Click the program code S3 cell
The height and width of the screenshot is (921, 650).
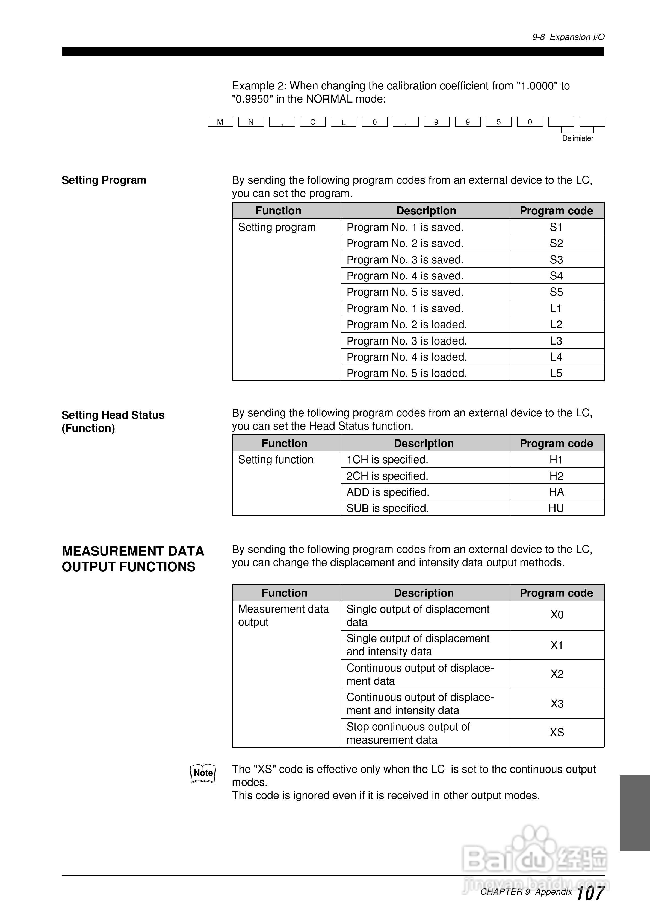[556, 260]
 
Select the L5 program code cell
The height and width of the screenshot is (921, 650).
[556, 373]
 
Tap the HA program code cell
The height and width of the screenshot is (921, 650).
[556, 492]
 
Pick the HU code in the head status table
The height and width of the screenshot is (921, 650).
[556, 508]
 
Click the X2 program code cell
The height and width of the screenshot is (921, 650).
[557, 674]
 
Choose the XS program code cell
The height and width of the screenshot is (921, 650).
[557, 733]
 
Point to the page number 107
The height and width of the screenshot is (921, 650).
[590, 893]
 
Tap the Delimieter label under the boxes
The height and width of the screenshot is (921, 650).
[577, 138]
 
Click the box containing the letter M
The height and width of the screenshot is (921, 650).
[220, 122]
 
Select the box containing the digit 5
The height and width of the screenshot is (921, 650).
[498, 122]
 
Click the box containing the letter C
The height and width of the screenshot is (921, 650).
[313, 122]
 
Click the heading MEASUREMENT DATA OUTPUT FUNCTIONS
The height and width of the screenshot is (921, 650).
[133, 558]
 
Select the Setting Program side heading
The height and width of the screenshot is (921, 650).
[104, 180]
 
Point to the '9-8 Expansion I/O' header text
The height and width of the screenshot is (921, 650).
[568, 37]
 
